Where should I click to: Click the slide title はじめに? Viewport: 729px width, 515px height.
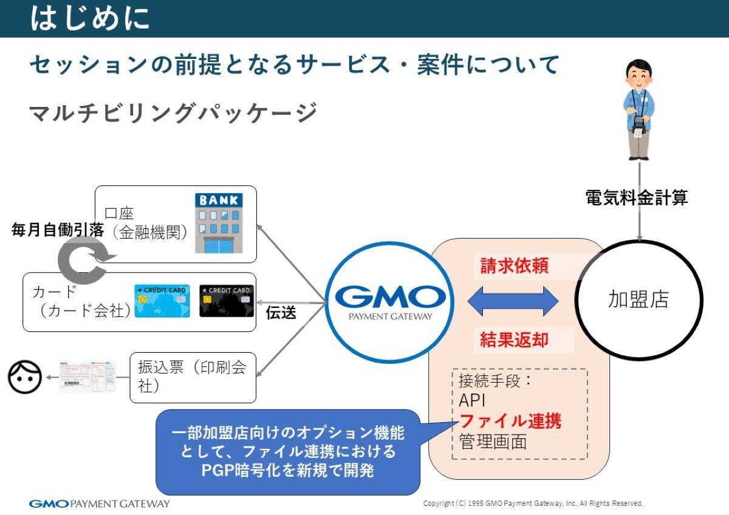[90, 18]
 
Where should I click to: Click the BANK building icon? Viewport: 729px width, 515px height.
[218, 222]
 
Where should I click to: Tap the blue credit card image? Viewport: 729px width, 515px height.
[162, 301]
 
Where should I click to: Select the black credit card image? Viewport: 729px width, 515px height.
[227, 301]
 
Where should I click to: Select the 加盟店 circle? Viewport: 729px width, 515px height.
[638, 300]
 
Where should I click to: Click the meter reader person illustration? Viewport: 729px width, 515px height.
[638, 109]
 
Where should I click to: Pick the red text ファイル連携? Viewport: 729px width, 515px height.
[510, 420]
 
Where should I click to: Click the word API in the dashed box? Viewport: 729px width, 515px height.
[472, 401]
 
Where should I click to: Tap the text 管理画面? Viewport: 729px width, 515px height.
[493, 442]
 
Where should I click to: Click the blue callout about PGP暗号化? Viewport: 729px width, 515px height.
[288, 452]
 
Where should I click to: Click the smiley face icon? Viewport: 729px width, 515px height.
[25, 377]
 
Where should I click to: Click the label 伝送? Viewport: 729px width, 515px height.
[281, 313]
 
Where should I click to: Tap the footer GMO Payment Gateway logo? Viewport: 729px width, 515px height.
[100, 503]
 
